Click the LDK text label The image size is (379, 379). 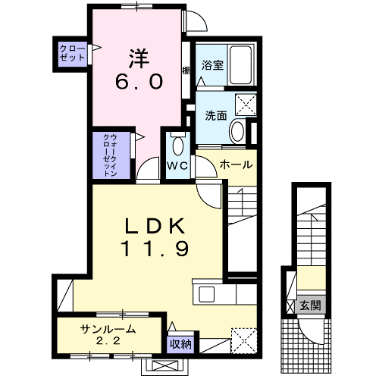(x=155, y=225)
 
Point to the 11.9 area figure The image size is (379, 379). (x=155, y=248)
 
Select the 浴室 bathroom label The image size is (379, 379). (x=211, y=65)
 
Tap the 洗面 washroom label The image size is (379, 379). (x=216, y=116)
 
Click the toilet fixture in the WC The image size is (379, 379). (x=179, y=146)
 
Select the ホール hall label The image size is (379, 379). (x=236, y=164)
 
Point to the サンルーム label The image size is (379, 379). (x=109, y=328)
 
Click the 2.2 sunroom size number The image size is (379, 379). (x=109, y=341)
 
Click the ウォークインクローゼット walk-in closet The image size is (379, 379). (x=111, y=154)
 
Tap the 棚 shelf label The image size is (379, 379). (x=186, y=70)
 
